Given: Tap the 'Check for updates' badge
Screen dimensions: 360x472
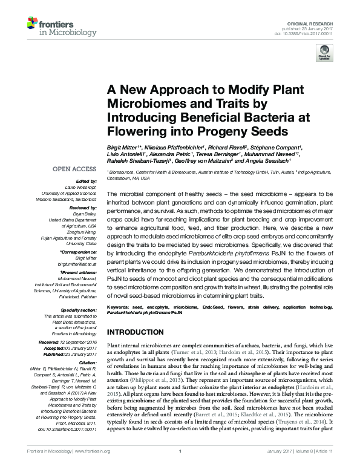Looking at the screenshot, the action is point(324,54).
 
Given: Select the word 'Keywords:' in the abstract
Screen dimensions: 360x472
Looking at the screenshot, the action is point(120,308).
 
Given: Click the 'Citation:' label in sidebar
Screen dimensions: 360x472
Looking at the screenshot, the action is point(88,362).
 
